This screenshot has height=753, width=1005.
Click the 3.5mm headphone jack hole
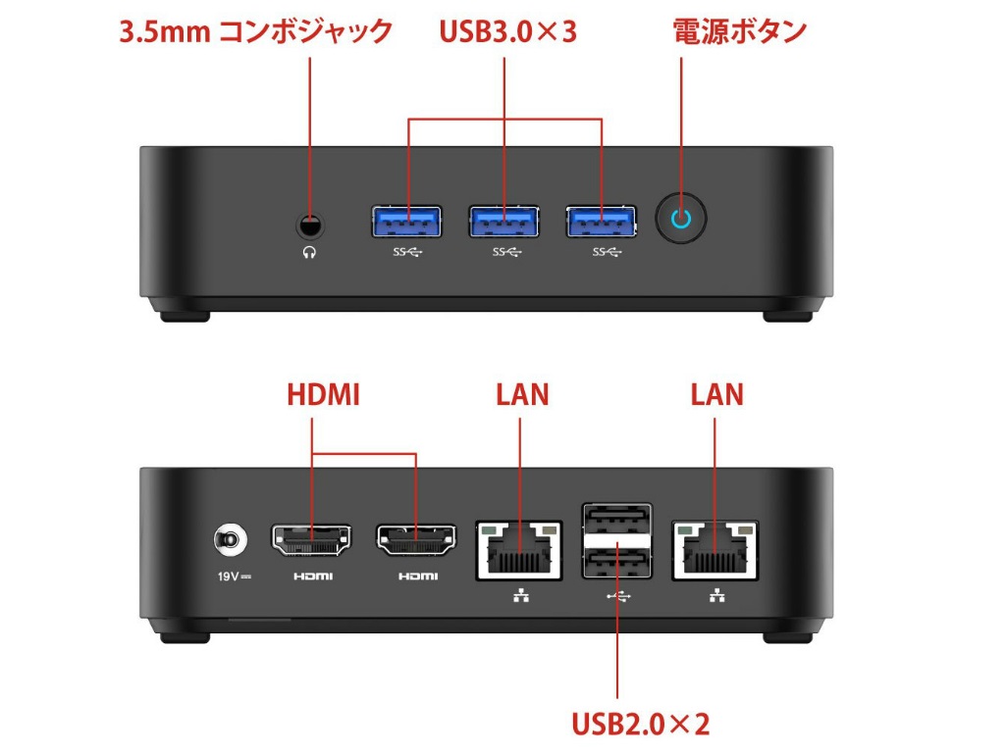coord(310,226)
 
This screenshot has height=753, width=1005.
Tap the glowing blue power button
coord(681,219)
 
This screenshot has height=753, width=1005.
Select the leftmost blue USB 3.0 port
coord(407,222)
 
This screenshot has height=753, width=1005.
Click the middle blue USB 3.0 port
coord(504,222)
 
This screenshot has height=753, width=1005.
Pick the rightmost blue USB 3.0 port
coord(602,222)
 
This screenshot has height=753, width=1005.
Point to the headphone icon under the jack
coord(309,252)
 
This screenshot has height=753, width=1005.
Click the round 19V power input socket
coord(230,540)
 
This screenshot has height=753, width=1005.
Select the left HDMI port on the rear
coord(312,540)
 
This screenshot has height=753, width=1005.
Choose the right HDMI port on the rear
coord(416,540)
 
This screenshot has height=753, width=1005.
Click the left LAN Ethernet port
coord(519,551)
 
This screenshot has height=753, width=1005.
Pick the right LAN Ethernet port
coord(715,551)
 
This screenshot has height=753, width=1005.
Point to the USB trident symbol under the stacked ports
coord(618,596)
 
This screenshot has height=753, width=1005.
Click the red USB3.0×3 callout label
coord(507,31)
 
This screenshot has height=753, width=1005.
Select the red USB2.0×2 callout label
coord(640,725)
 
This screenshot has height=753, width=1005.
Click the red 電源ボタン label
coord(740,31)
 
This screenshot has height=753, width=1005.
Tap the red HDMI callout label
coord(323,394)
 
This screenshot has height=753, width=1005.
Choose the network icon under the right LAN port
coord(717,595)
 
